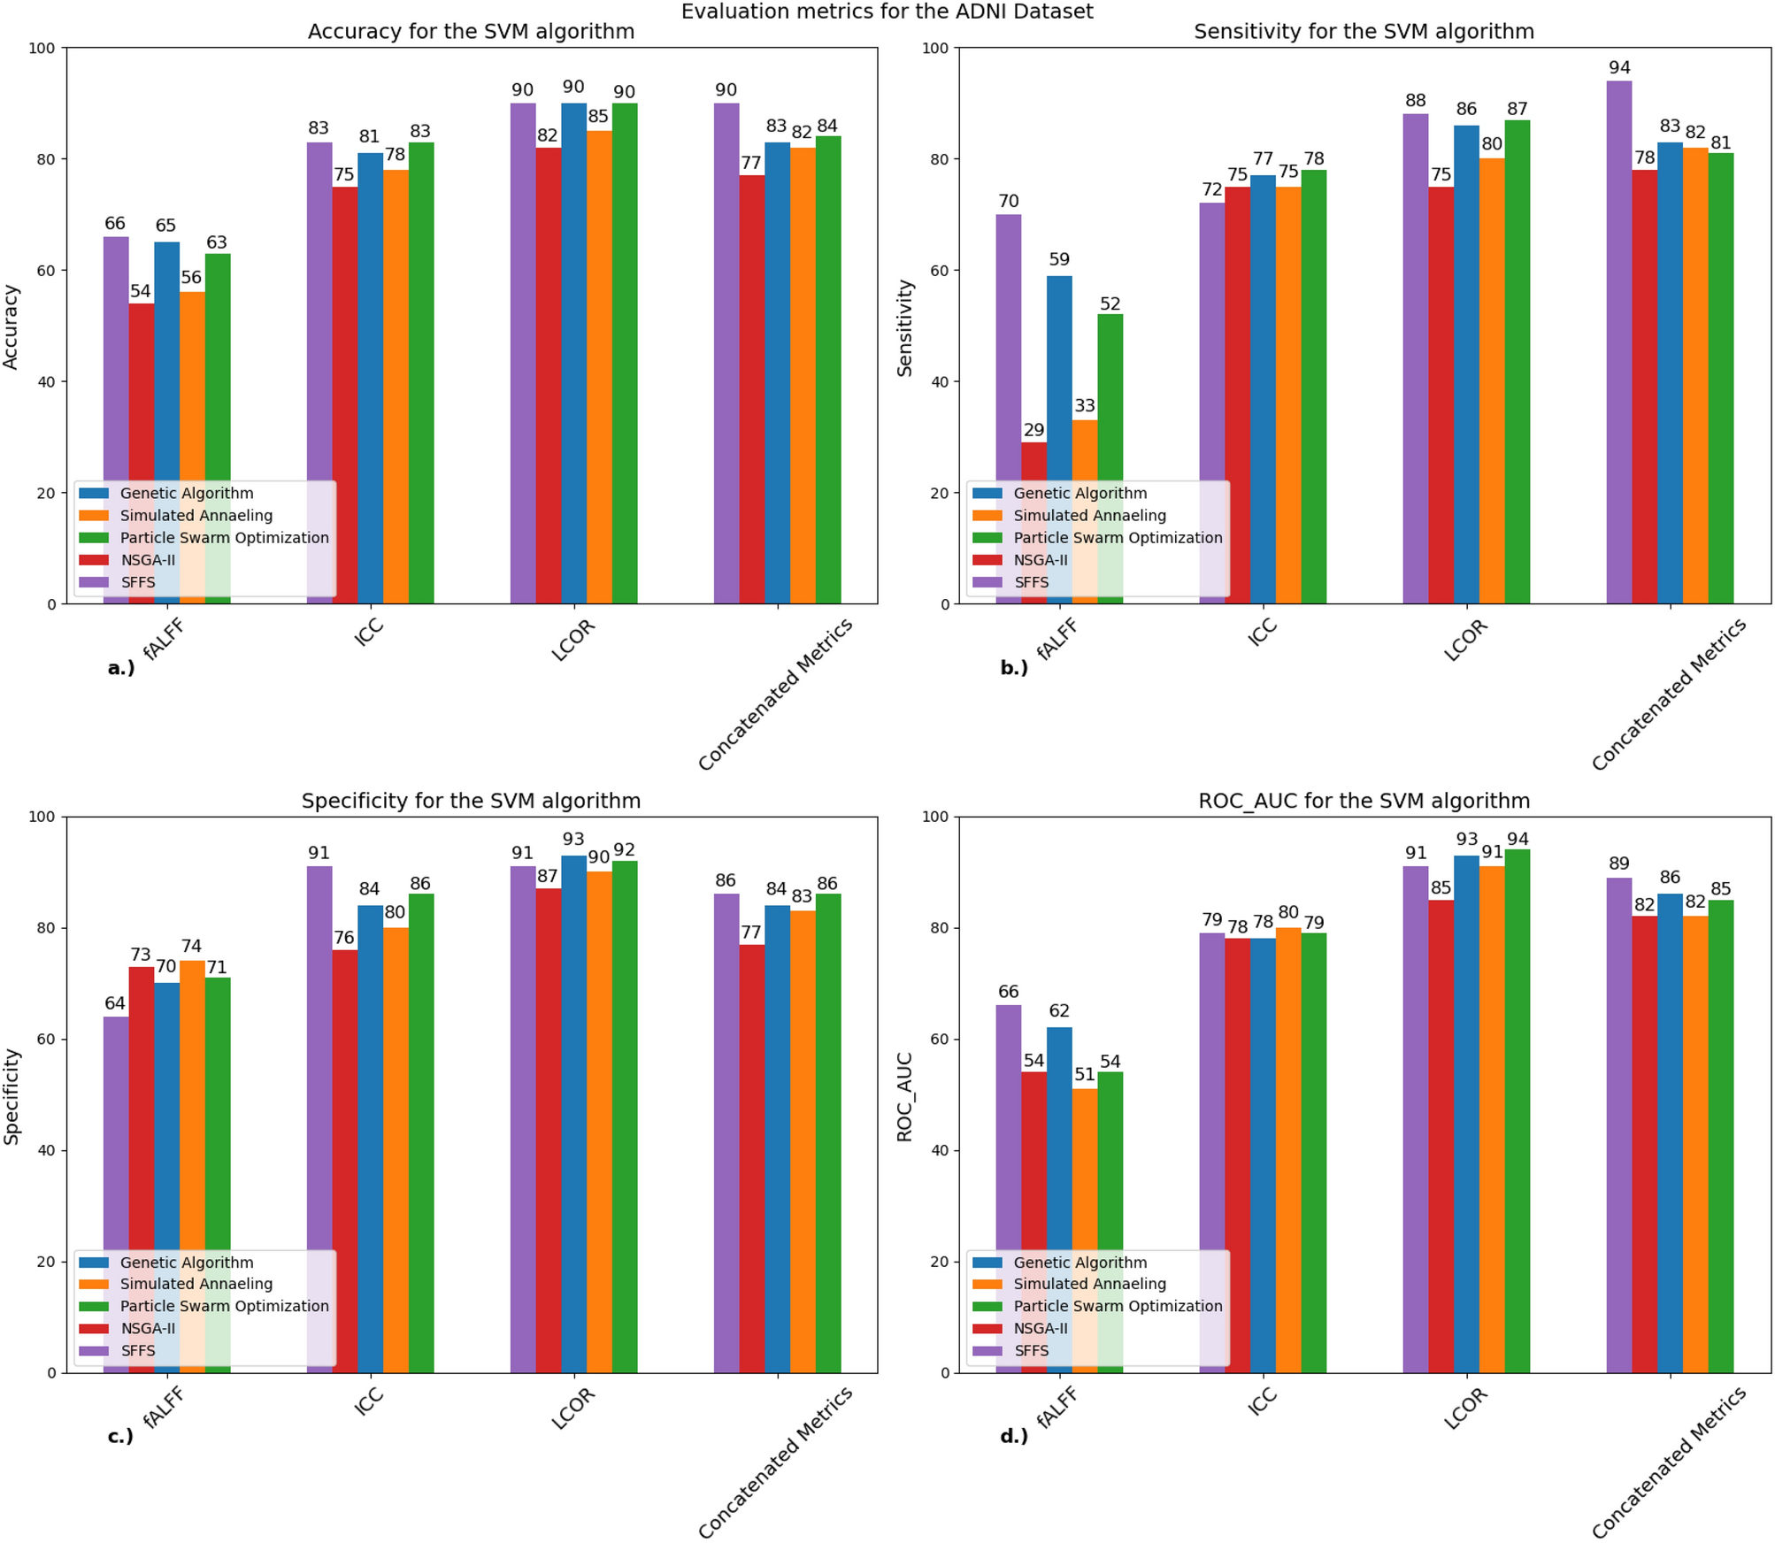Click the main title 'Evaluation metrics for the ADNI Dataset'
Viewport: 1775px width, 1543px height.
click(x=887, y=12)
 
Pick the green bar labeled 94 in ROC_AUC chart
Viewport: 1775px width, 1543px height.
click(x=1517, y=1106)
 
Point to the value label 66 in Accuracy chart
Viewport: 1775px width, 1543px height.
click(x=115, y=223)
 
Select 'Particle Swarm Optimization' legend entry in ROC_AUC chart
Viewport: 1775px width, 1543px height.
click(x=1117, y=1306)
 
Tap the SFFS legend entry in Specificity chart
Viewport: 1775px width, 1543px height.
click(x=137, y=1351)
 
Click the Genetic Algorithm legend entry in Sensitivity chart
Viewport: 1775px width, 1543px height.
click(x=1080, y=494)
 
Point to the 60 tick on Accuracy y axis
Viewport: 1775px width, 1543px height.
click(x=45, y=271)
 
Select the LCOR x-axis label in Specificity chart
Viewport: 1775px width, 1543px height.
click(x=573, y=1409)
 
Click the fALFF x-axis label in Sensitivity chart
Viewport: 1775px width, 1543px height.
click(x=1058, y=639)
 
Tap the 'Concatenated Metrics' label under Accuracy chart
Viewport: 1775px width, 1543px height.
click(x=775, y=695)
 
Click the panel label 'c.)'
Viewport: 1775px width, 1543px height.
click(x=120, y=1436)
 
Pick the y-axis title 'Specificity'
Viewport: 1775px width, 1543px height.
click(x=12, y=1095)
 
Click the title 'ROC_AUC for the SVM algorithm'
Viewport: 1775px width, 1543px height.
click(x=1363, y=801)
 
